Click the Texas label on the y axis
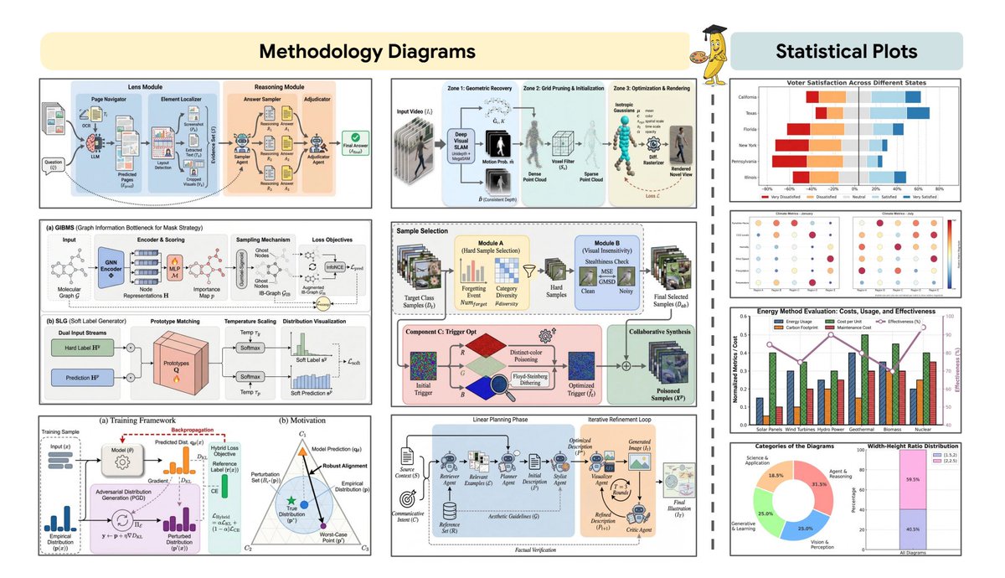click(751, 113)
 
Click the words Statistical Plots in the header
click(846, 51)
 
